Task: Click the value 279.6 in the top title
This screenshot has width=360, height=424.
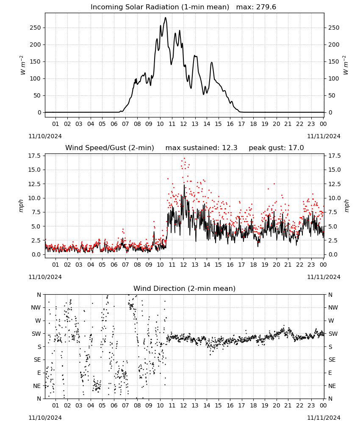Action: [x=266, y=7]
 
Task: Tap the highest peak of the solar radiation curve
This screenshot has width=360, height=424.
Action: [x=166, y=18]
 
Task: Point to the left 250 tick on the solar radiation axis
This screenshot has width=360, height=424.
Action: [x=36, y=28]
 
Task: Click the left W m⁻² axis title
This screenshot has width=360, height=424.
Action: [x=23, y=65]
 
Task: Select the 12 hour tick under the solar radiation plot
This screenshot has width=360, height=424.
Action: [x=183, y=124]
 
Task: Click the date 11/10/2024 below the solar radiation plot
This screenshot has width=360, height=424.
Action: [x=45, y=136]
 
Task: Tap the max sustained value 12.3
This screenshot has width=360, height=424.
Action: [x=230, y=148]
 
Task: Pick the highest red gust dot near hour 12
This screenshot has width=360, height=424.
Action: [x=185, y=158]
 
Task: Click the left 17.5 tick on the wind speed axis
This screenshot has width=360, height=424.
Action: [x=36, y=156]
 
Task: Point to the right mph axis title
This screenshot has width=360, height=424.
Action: [x=346, y=206]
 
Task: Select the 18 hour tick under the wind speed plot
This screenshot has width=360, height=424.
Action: [x=253, y=265]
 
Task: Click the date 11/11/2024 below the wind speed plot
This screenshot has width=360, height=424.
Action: [x=324, y=277]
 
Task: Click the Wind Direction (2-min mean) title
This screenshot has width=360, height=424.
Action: [x=185, y=288]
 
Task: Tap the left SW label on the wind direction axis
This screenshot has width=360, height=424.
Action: [x=36, y=334]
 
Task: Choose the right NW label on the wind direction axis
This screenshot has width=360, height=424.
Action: [x=333, y=308]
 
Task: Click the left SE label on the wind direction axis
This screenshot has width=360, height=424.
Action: [x=38, y=360]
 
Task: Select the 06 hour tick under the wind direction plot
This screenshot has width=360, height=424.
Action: [x=114, y=406]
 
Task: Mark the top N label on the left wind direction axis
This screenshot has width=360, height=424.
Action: [x=39, y=295]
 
